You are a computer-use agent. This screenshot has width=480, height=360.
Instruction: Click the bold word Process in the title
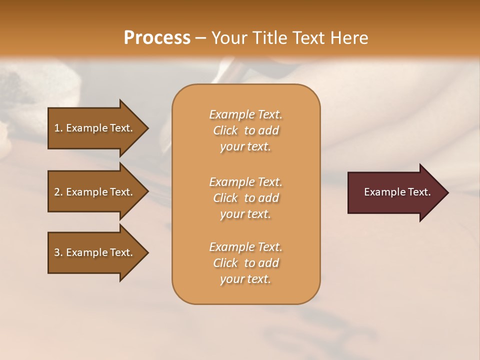(x=157, y=38)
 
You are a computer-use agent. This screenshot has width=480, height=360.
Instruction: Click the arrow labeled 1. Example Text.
(x=95, y=128)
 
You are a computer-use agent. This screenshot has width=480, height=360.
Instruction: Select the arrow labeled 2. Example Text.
(x=95, y=192)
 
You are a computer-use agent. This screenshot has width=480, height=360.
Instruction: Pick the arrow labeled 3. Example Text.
(x=95, y=252)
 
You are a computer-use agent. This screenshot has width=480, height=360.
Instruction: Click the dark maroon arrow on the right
(x=395, y=192)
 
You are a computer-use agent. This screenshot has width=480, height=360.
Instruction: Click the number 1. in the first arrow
(x=58, y=128)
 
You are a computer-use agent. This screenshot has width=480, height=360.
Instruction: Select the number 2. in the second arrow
(x=58, y=192)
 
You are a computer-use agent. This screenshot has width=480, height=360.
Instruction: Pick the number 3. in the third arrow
(x=58, y=252)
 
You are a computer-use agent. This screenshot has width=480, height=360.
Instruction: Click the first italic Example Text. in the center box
(x=245, y=114)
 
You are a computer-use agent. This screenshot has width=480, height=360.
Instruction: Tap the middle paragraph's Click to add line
(x=245, y=198)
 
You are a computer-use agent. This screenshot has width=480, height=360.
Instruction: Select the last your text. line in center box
(x=245, y=279)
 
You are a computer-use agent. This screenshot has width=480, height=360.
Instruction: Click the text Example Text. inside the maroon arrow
(x=397, y=192)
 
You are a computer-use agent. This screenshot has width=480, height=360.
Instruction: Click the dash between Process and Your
(x=200, y=38)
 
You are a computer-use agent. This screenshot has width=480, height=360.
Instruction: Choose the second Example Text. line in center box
(x=245, y=182)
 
